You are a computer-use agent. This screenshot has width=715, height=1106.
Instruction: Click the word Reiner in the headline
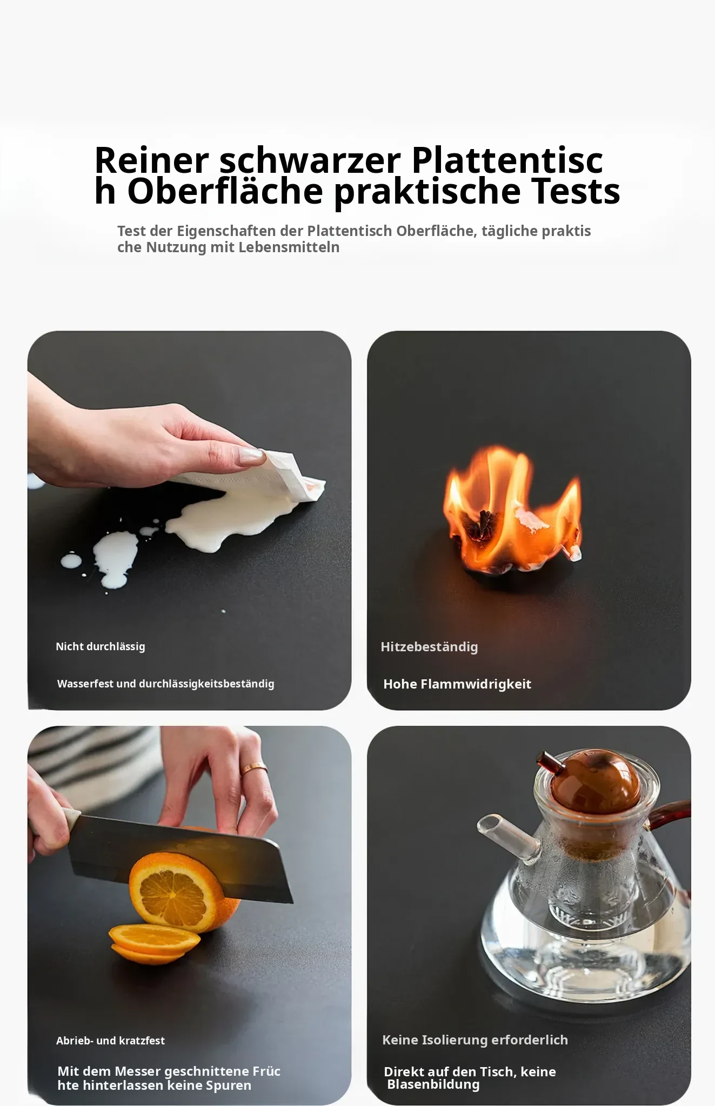click(x=151, y=160)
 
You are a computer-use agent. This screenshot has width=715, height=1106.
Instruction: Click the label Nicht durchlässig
click(x=101, y=646)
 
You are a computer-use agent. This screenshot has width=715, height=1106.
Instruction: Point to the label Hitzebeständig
click(x=429, y=647)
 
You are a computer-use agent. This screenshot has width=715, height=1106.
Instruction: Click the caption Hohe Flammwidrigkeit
click(x=457, y=684)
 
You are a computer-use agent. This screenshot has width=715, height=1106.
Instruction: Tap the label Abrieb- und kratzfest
click(x=110, y=1041)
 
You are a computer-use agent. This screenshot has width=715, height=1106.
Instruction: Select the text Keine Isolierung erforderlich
click(x=475, y=1040)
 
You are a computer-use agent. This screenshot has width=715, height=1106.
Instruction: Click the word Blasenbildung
click(x=433, y=1084)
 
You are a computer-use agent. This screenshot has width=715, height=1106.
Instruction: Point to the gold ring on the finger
click(x=253, y=768)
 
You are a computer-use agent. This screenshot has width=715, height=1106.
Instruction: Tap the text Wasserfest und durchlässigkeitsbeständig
click(x=166, y=684)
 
